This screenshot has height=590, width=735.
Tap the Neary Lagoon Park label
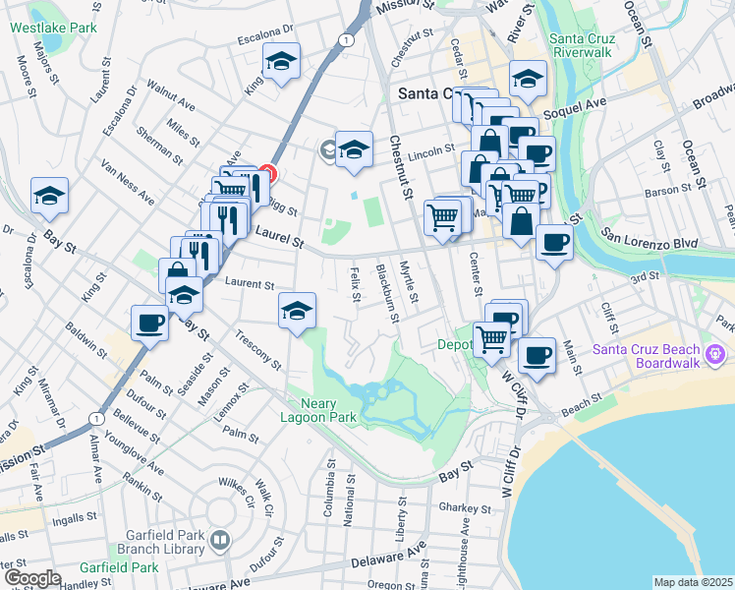tap(321, 409)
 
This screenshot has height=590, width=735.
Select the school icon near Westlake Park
tap(48, 197)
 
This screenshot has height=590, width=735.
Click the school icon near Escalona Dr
tap(281, 64)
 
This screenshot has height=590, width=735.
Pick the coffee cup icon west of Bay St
tap(150, 322)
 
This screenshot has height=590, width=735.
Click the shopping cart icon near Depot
tap(491, 339)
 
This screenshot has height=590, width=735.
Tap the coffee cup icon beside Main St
tap(537, 356)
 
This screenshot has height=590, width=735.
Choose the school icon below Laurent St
tap(297, 311)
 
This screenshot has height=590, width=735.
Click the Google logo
tap(32, 579)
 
